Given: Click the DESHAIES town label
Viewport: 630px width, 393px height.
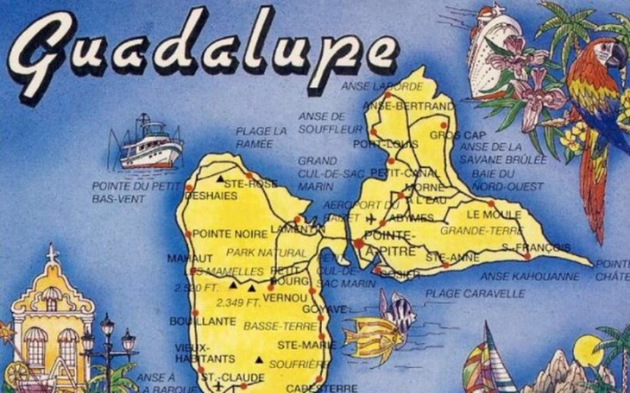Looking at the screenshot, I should pos(204,196).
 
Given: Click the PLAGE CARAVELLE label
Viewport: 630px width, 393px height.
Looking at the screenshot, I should pos(474,294).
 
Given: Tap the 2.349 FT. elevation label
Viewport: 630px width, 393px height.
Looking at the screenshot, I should pos(237,303).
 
